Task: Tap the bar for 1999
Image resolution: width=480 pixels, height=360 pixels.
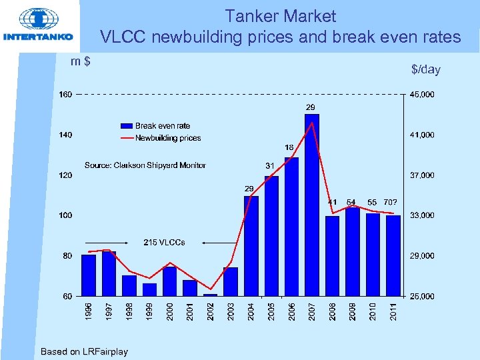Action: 149,289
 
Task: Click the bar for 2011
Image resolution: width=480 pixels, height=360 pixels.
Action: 393,255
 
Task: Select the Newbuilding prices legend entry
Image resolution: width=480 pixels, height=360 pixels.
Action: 161,138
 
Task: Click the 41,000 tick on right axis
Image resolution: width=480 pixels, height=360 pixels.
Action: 421,135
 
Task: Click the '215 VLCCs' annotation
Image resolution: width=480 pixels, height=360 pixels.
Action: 165,242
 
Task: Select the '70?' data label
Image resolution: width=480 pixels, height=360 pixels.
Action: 391,202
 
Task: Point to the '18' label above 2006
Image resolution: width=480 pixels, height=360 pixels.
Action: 290,147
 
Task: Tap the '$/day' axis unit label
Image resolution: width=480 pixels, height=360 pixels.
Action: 425,69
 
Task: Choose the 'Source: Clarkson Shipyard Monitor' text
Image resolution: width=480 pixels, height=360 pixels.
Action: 145,165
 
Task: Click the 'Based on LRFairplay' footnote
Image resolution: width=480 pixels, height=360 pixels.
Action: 84,351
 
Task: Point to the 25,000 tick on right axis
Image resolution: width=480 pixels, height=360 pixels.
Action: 421,296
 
